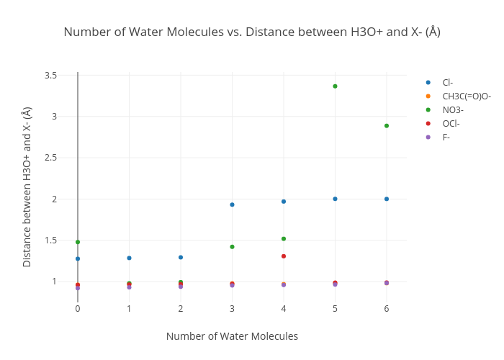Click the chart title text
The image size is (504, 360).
pyautogui.click(x=252, y=32)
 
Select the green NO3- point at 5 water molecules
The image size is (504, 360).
pyautogui.click(x=335, y=86)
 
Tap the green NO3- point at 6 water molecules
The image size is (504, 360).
pyautogui.click(x=387, y=125)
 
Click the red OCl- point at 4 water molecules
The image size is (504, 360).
pyautogui.click(x=284, y=256)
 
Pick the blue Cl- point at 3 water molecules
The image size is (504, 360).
pyautogui.click(x=232, y=204)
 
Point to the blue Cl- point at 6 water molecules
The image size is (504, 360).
pyautogui.click(x=387, y=199)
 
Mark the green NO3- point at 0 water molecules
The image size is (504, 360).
pyautogui.click(x=78, y=242)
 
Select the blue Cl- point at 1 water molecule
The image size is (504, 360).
pyautogui.click(x=129, y=258)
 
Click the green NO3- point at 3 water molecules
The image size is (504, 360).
pyautogui.click(x=232, y=247)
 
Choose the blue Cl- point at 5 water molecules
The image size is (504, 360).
pyautogui.click(x=335, y=199)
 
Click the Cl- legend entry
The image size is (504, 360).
pyautogui.click(x=447, y=82)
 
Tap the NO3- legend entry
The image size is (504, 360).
pyautogui.click(x=453, y=109)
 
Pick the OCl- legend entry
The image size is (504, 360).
pyautogui.click(x=451, y=123)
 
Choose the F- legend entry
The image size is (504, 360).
pyautogui.click(x=446, y=137)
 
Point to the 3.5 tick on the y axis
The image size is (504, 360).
pyautogui.click(x=50, y=75)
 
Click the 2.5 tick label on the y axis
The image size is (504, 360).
pyautogui.click(x=50, y=158)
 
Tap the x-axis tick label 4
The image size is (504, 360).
pyautogui.click(x=284, y=308)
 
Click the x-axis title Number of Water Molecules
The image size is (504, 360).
pyautogui.click(x=232, y=336)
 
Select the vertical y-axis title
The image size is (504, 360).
pyautogui.click(x=27, y=186)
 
